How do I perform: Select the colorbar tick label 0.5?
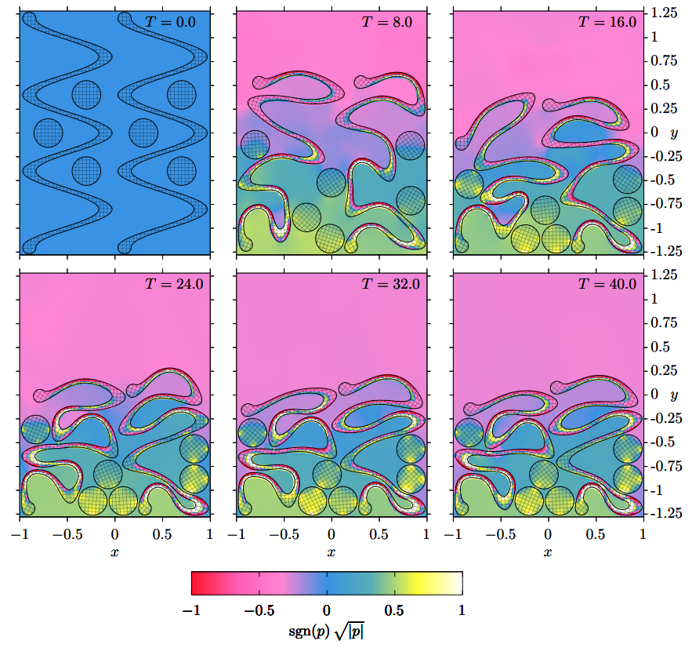click(394, 610)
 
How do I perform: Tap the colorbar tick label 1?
click(462, 610)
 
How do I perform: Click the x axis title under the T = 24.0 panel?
click(114, 553)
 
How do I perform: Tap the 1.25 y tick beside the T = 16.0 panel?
click(666, 13)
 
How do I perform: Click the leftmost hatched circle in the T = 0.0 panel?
click(49, 132)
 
